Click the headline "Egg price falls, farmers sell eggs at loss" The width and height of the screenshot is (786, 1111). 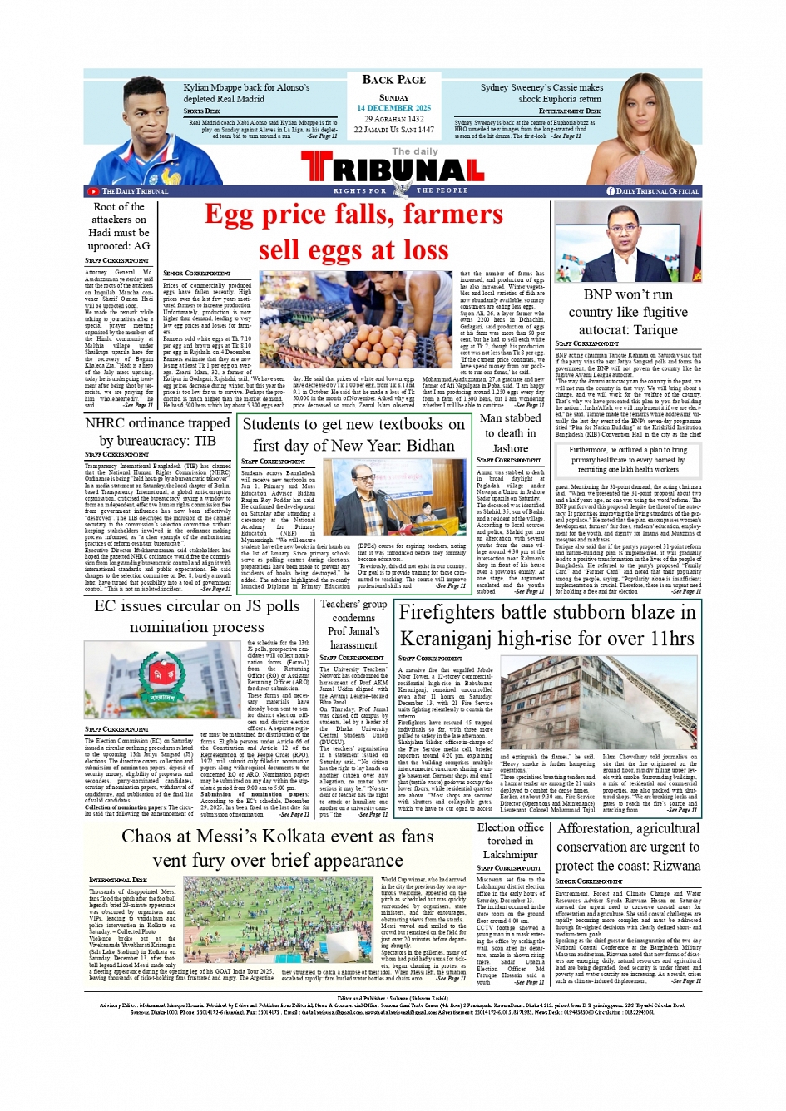(353, 232)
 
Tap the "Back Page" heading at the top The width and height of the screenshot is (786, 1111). (393, 80)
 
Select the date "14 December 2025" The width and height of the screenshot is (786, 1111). (393, 108)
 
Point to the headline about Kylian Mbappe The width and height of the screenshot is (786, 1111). (246, 92)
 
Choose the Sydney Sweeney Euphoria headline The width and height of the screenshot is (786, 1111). (541, 92)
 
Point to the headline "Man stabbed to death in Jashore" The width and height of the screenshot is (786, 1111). (510, 433)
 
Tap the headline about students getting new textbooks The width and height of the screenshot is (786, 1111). (353, 434)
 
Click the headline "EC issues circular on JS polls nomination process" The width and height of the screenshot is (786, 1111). (197, 616)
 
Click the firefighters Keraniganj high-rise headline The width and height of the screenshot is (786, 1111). (547, 625)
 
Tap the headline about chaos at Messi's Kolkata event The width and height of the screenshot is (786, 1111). (278, 847)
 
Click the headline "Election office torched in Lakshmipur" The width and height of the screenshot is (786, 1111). (510, 841)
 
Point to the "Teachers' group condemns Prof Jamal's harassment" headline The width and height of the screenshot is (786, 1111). (353, 624)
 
